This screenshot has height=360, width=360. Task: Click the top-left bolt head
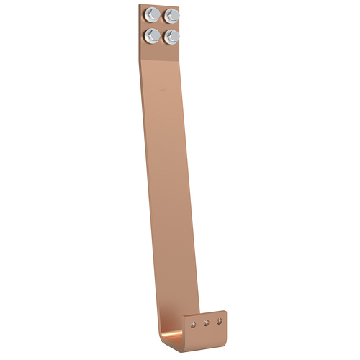[x=152, y=14]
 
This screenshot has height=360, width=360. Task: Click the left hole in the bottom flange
[x=193, y=323]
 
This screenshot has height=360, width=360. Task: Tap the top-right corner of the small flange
[x=226, y=310]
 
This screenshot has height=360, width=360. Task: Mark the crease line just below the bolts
[x=161, y=55]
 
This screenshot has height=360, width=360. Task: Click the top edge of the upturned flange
[x=205, y=313]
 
